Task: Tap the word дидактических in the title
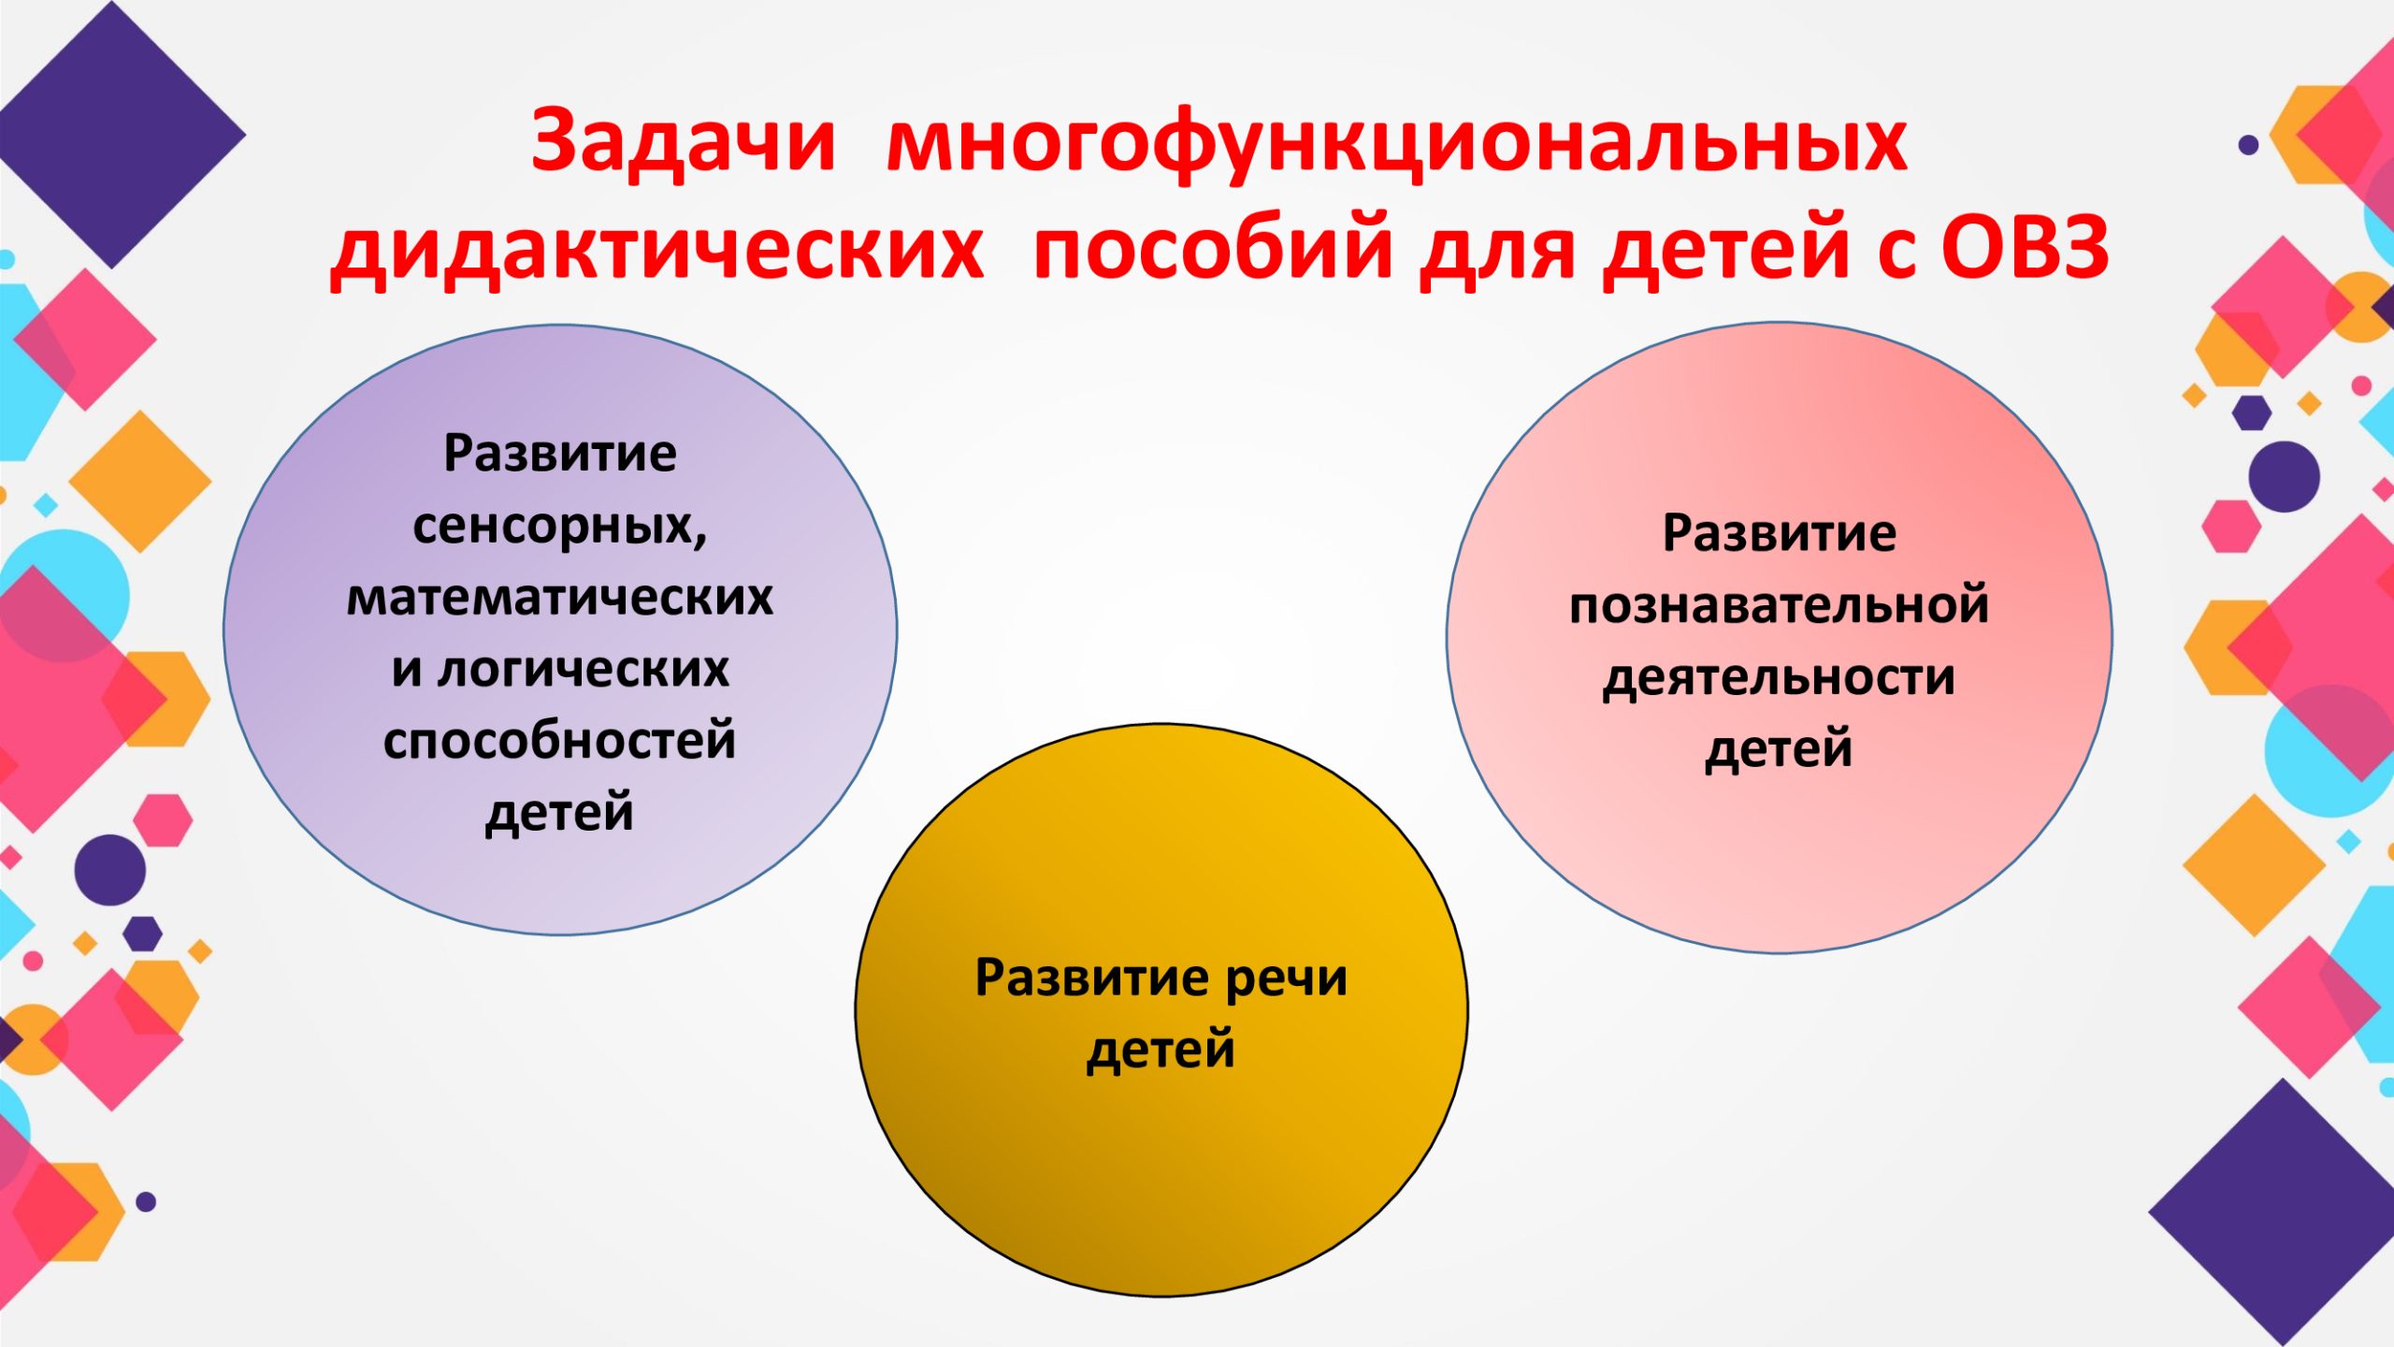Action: tap(656, 251)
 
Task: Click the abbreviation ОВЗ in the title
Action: tap(2025, 248)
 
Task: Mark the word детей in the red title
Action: tap(1727, 251)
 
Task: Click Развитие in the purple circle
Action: tap(560, 455)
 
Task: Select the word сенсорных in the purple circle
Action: tap(559, 528)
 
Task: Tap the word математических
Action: tap(560, 598)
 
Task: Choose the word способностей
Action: tap(560, 741)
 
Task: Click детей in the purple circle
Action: tap(559, 812)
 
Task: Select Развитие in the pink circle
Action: tap(1780, 534)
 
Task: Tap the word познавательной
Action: tap(1780, 604)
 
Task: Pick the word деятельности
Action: tap(1780, 677)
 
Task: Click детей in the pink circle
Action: tap(1780, 749)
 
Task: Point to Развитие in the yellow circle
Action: tap(1092, 978)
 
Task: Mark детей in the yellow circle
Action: tap(1161, 1050)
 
